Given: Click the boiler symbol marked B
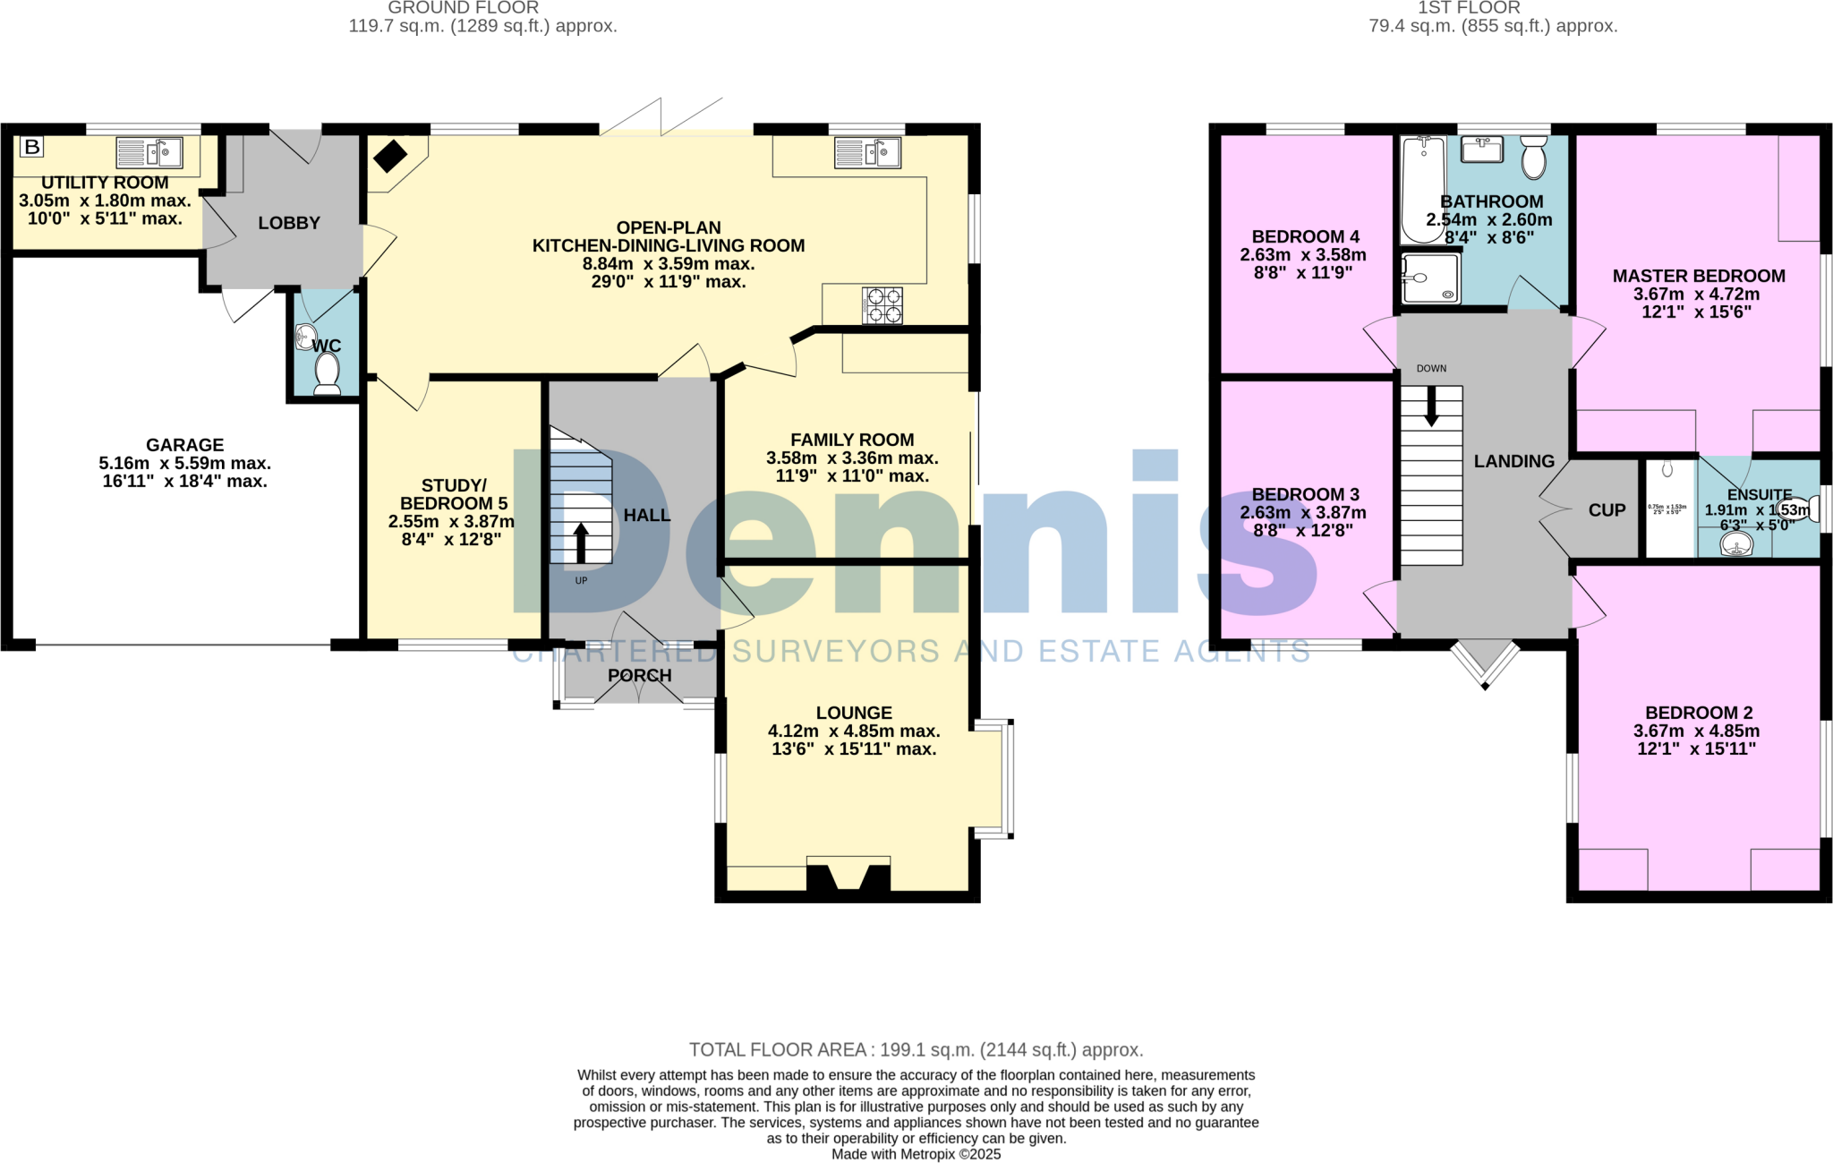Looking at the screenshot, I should point(32,147).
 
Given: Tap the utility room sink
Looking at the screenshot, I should point(149,153).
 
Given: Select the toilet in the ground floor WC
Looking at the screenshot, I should point(327,372).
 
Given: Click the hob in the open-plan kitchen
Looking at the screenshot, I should point(882,305).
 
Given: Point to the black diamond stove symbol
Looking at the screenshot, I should point(390,157).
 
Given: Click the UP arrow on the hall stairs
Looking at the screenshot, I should point(581,543).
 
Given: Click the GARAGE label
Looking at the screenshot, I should point(184,445).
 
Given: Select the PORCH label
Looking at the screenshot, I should point(639,676).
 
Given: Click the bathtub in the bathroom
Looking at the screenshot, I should point(1423,189).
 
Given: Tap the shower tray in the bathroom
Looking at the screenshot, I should point(1430,278).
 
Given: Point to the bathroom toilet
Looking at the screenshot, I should point(1534,158).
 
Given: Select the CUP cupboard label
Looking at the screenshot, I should point(1607,510).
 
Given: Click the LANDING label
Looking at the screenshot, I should point(1514,461).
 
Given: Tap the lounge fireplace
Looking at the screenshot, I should point(848,875).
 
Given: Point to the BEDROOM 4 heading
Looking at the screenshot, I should point(1305,236).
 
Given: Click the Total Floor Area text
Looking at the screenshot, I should point(916,1049).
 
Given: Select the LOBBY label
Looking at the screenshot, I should point(289,223).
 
